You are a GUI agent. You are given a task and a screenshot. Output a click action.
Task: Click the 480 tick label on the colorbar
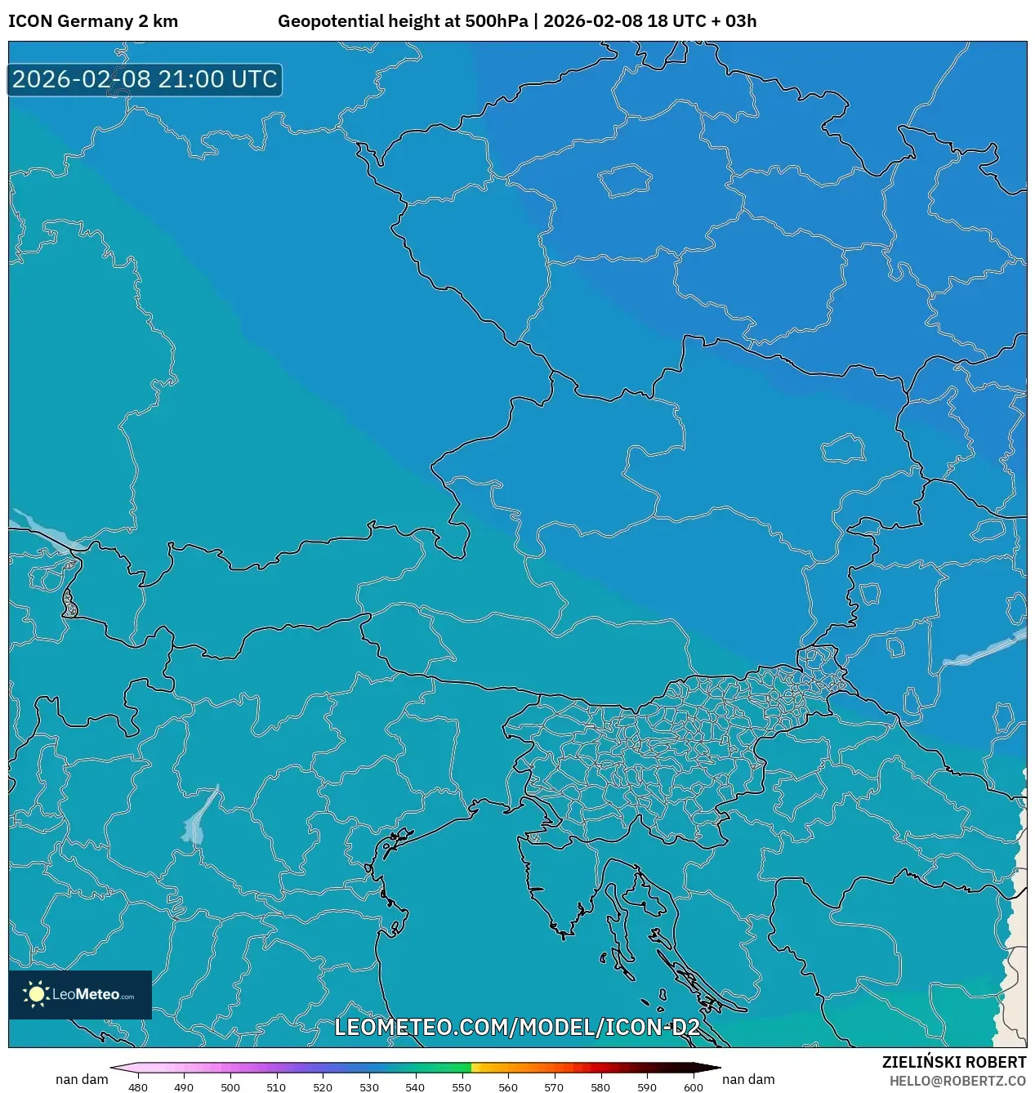point(138,1087)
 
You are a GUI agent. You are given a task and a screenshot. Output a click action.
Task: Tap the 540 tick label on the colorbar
point(415,1087)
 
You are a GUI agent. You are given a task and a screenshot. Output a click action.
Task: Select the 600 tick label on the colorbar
point(693,1087)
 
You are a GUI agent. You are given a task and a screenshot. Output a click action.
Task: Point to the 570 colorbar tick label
point(554,1087)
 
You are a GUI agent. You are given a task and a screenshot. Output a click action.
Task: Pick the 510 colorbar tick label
point(276,1087)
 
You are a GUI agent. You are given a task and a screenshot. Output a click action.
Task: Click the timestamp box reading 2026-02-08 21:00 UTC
point(145,79)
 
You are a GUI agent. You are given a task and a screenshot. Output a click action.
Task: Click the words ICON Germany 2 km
point(93,21)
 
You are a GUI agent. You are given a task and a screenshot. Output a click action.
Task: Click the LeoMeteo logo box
point(80,994)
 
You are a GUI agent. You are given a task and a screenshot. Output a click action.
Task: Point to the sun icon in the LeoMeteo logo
point(36,993)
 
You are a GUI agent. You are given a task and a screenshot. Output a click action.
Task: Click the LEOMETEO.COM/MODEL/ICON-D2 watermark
point(517,1027)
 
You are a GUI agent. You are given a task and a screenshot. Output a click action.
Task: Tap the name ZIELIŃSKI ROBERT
point(953,1062)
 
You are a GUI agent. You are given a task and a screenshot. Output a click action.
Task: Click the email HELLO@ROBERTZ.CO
point(957,1081)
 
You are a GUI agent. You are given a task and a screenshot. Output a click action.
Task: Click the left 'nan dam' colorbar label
point(82,1079)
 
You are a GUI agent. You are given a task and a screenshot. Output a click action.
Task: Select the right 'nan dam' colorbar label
point(748,1079)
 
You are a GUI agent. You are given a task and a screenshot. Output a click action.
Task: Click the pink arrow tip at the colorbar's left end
point(114,1068)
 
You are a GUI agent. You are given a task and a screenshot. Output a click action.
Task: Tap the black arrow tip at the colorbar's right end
point(716,1068)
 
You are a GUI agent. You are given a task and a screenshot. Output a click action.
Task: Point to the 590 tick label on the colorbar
point(646,1087)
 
